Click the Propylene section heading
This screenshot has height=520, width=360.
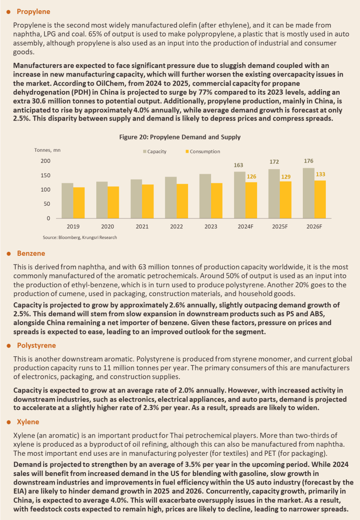pos(33,12)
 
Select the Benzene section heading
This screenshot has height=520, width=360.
pos(31,253)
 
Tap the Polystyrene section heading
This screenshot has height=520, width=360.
pos(37,346)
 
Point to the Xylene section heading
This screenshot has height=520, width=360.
pos(28,422)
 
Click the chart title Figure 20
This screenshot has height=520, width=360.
pos(180,137)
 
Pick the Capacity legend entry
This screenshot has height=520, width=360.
pos(155,151)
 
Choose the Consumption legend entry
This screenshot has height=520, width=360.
pos(203,151)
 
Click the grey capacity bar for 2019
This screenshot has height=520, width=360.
pos(67,201)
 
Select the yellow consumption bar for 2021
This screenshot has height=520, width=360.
pos(148,201)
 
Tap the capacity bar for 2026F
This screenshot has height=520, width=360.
pos(309,193)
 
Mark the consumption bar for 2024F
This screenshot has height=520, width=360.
pos(251,200)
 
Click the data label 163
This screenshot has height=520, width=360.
pos(238,165)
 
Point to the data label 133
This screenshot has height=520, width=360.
pos(321,174)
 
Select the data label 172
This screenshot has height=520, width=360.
pos(274,162)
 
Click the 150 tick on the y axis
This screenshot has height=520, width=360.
pos(46,176)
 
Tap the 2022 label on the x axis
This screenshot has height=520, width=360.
pos(177,227)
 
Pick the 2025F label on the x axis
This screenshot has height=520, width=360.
pos(280,227)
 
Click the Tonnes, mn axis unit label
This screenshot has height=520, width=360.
pos(47,150)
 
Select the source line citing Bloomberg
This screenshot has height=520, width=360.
pos(80,237)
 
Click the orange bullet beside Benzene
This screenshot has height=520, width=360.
pos(9,254)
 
